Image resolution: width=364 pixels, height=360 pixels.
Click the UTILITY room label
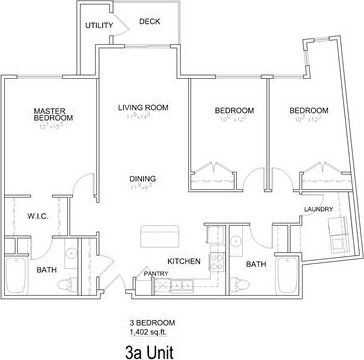[x=99, y=24]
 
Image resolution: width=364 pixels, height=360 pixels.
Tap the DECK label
[x=149, y=21]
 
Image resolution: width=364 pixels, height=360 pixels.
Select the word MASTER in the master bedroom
[x=49, y=111]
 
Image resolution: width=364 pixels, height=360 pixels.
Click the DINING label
[x=142, y=180]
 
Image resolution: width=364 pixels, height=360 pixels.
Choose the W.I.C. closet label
[x=39, y=215]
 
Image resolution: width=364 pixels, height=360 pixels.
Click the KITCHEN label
[x=185, y=262]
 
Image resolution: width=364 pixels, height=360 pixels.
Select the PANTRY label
[x=155, y=273]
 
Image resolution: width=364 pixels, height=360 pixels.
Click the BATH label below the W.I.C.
[x=46, y=270]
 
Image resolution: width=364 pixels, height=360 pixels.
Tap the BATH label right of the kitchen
[x=257, y=265]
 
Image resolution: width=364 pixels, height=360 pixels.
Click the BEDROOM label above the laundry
[x=309, y=110]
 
